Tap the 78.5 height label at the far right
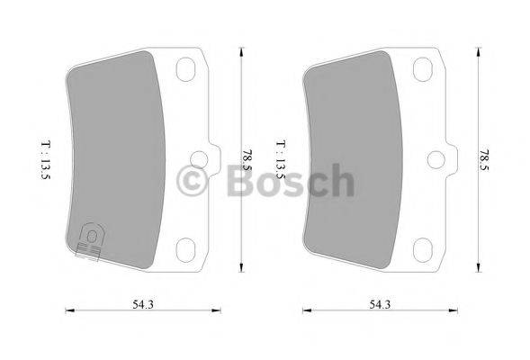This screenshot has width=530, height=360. (x=486, y=158)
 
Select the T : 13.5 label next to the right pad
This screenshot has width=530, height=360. (x=281, y=158)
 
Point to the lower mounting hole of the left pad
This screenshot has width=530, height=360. (x=186, y=248)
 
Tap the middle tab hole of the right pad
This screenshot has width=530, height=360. (x=435, y=159)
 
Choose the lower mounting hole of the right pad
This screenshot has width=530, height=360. (x=423, y=248)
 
